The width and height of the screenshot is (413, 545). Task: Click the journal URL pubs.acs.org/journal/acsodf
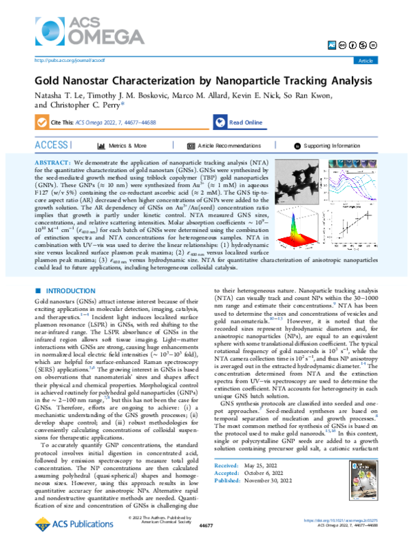[64, 61]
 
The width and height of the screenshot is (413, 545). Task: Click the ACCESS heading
[53, 146]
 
